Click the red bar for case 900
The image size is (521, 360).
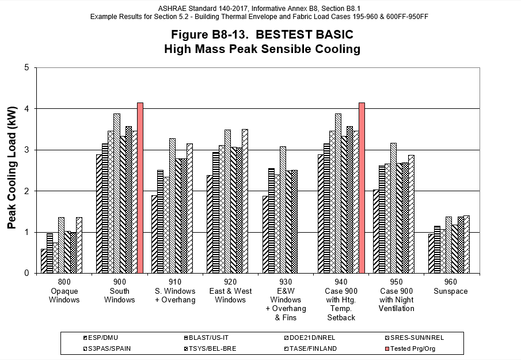140,188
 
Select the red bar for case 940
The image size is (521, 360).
362,188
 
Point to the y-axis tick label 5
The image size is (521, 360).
26,67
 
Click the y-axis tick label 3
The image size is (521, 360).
26,150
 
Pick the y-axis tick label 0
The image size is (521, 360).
26,274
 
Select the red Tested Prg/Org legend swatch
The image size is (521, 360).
386,348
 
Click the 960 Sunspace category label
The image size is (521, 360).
450,287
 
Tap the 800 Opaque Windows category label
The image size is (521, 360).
64,291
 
